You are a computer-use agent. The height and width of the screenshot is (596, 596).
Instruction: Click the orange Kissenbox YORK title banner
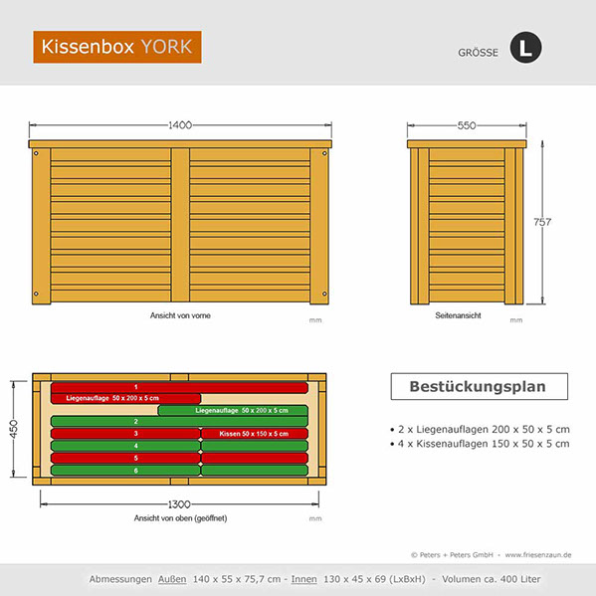point(116,47)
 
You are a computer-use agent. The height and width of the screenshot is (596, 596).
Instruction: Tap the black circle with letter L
point(524,48)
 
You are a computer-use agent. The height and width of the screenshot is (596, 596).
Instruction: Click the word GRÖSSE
point(477,51)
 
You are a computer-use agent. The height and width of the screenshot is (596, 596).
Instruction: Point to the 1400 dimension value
point(180,125)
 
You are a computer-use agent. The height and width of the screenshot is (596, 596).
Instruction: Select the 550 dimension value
point(466,126)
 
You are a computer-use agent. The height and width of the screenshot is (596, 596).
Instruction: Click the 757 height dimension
point(541,221)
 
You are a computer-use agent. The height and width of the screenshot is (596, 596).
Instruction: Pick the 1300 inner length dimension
point(179,503)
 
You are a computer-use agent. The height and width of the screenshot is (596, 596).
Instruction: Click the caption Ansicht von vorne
point(179,315)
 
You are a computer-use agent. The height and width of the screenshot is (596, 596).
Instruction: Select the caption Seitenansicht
point(458,315)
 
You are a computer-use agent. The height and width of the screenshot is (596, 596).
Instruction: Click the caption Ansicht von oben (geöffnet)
point(179,518)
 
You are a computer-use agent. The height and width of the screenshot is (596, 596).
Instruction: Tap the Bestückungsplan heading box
point(477,385)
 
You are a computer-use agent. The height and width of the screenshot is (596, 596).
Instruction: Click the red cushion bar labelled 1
point(179,386)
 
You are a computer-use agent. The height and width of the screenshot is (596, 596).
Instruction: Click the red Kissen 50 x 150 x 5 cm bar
point(254,434)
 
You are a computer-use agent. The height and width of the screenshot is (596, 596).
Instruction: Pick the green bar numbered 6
point(124,470)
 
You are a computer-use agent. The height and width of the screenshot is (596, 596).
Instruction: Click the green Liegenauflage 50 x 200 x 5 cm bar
point(233,410)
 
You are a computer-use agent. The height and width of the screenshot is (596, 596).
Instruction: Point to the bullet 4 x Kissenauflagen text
point(482,443)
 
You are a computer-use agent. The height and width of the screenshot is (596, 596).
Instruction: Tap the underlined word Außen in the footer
point(172,578)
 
